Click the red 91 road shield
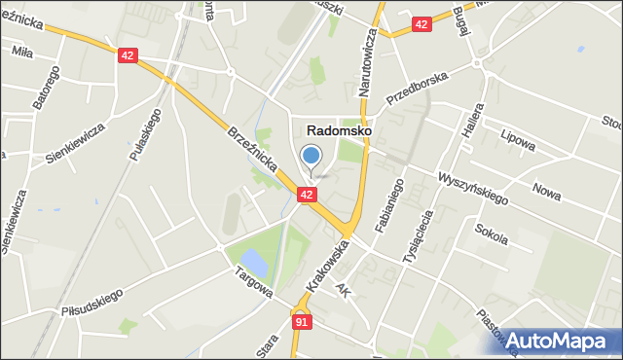301,320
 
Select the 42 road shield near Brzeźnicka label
307,196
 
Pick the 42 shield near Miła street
128,56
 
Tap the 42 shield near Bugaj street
421,24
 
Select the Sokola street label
492,234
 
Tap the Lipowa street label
517,140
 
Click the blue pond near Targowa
251,260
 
